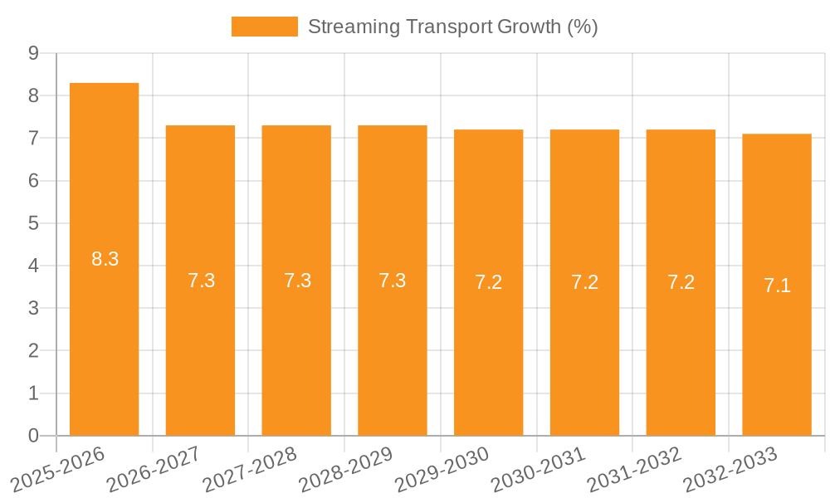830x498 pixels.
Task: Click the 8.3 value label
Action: pos(105,259)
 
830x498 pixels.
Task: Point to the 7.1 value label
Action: pos(777,286)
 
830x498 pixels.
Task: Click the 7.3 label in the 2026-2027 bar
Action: pos(201,281)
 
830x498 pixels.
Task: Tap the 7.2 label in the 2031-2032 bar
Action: pos(681,282)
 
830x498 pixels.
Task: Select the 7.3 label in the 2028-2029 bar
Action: pos(392,281)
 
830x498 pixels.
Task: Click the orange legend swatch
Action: pos(264,27)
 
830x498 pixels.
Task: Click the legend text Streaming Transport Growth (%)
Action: pos(452,27)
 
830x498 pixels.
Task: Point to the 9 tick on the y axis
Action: pos(33,53)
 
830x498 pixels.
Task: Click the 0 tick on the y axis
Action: pos(33,436)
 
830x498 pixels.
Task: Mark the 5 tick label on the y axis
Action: pos(33,223)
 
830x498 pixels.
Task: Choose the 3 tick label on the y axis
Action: pos(33,309)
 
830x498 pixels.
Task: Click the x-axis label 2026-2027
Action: pos(154,469)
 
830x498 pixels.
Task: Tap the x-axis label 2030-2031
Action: pos(539,469)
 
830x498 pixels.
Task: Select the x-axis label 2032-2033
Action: pos(730,469)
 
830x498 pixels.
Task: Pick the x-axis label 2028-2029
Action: pos(346,469)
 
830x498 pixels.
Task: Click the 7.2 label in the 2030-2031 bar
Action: pos(584,282)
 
